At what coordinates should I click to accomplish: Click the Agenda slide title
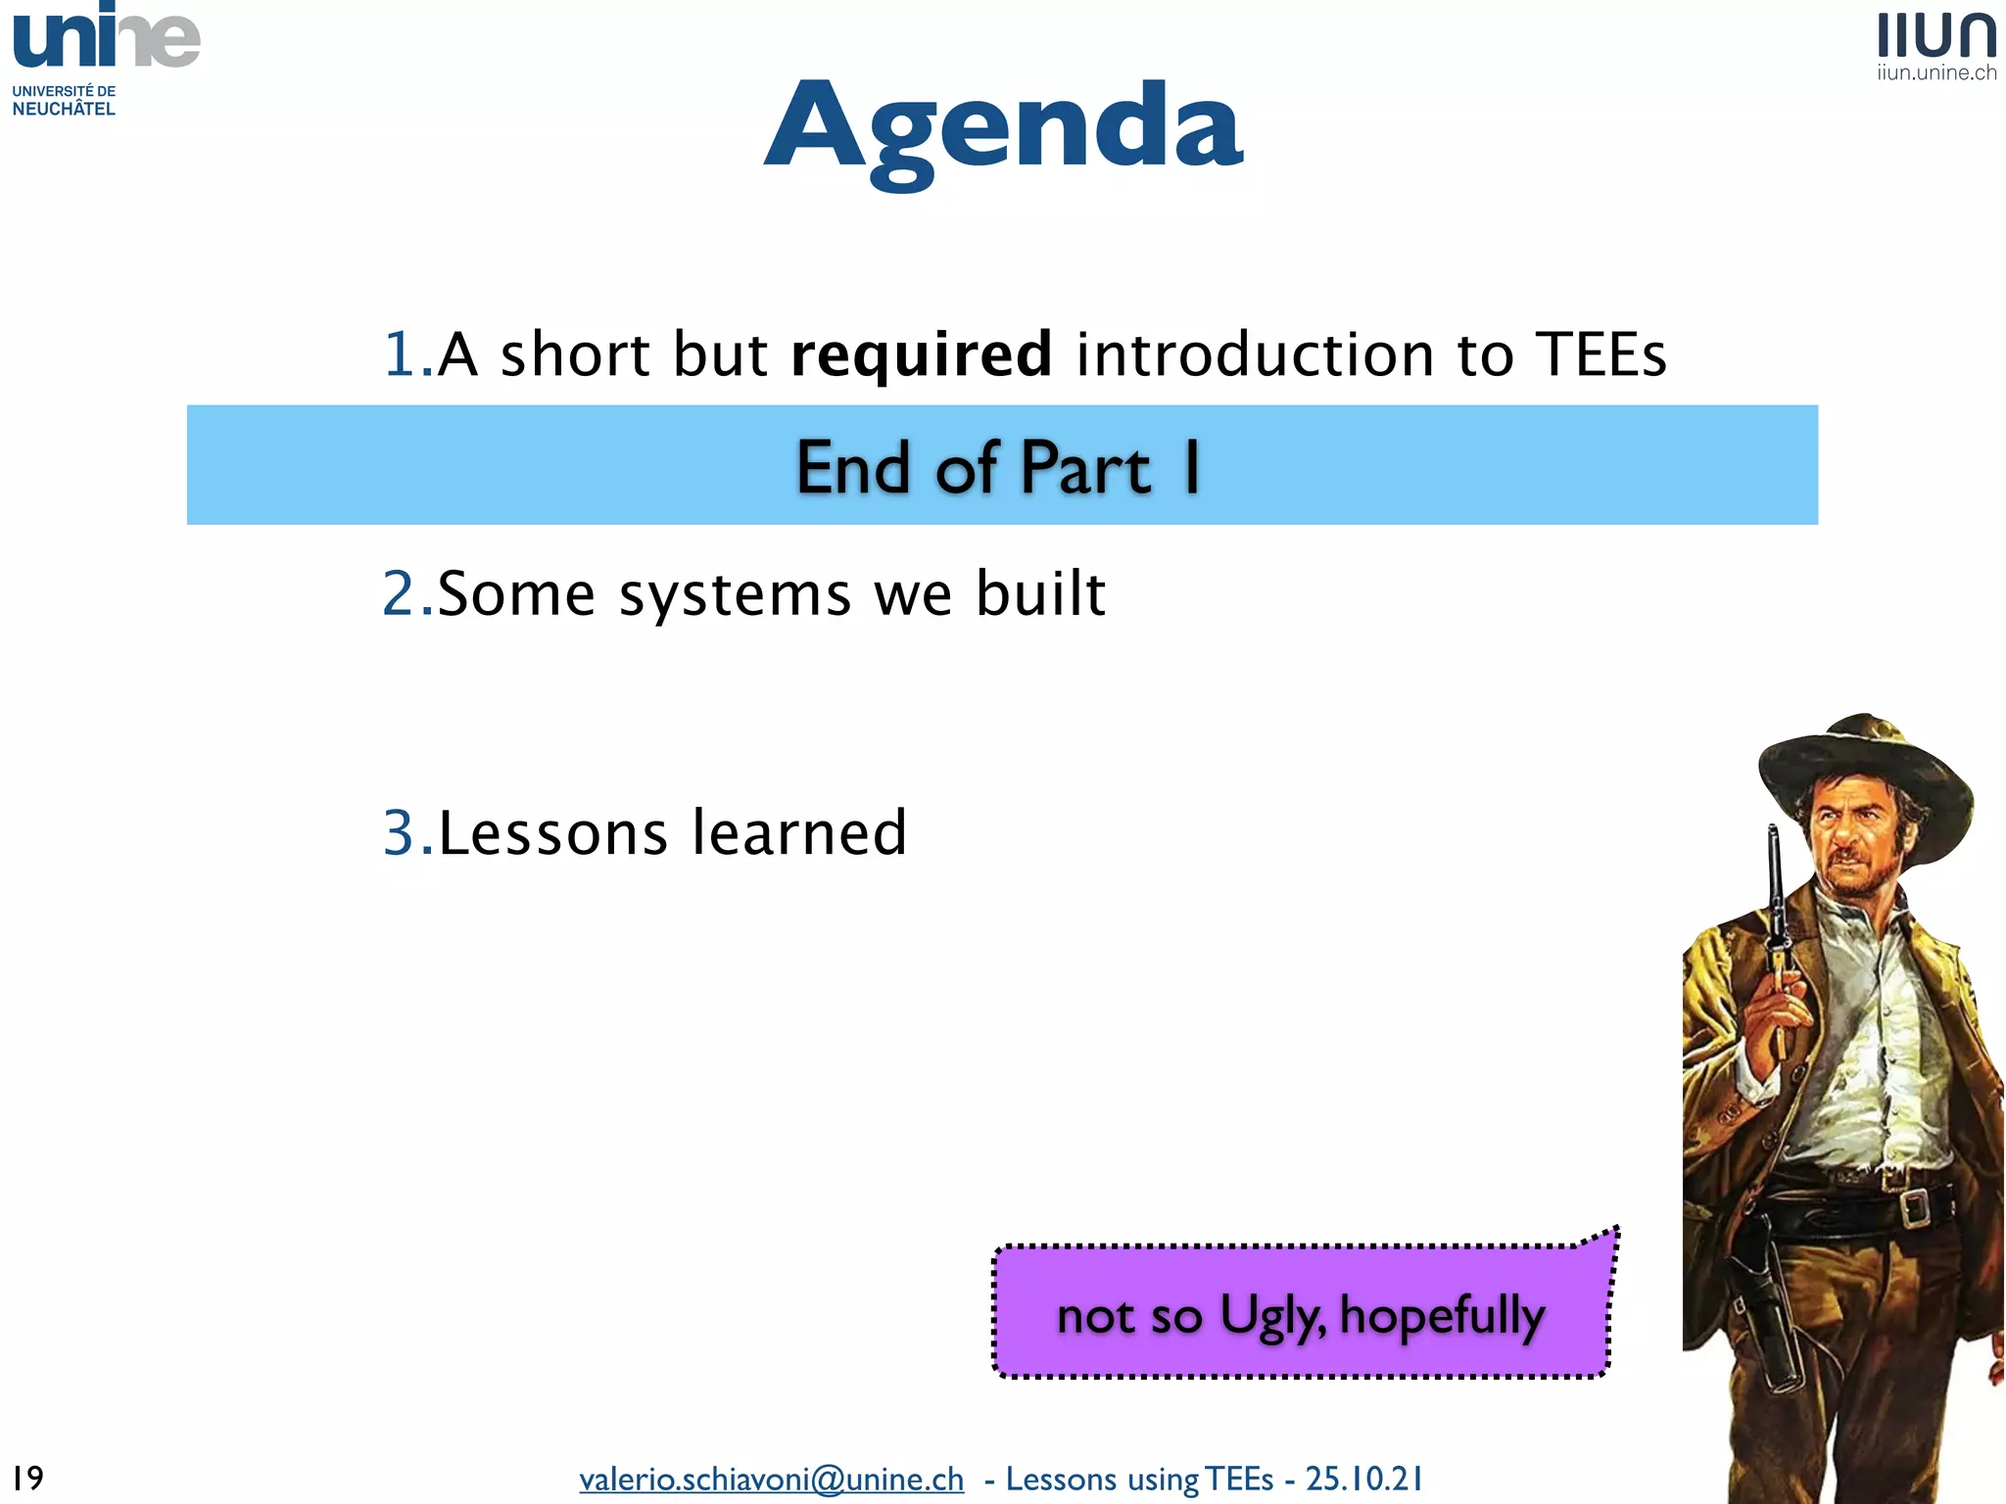(x=1003, y=127)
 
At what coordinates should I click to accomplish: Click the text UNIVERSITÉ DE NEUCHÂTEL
(x=64, y=100)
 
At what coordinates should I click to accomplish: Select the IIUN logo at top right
(x=1936, y=35)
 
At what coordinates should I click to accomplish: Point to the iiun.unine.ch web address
(x=1936, y=73)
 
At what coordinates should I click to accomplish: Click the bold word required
(x=921, y=354)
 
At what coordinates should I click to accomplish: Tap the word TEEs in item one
(x=1600, y=354)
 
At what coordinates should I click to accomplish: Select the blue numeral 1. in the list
(x=406, y=354)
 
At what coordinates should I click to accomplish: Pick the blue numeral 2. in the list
(x=406, y=594)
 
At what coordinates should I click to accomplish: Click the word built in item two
(x=1040, y=594)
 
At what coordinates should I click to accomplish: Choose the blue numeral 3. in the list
(x=406, y=833)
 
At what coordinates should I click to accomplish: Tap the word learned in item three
(x=798, y=833)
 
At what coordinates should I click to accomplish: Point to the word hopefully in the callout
(x=1441, y=1315)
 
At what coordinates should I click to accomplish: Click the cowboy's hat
(x=1861, y=774)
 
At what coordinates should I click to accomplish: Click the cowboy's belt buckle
(x=1913, y=1206)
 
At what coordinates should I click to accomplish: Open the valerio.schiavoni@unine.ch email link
(x=771, y=1479)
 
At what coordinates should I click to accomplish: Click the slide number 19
(x=27, y=1478)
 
